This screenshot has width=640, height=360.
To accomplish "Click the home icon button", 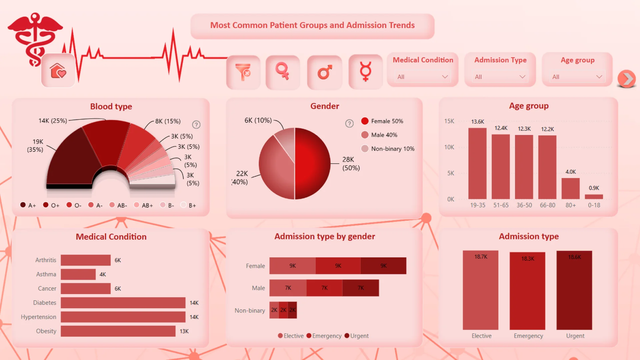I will [58, 71].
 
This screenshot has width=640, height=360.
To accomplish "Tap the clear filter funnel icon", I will [243, 72].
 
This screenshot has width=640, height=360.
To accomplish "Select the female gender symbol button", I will [283, 72].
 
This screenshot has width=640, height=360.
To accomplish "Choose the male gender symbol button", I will [325, 72].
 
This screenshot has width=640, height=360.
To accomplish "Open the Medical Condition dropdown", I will [422, 77].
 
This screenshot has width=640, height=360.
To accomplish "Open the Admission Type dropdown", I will [500, 77].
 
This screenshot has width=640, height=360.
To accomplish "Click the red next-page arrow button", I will [627, 79].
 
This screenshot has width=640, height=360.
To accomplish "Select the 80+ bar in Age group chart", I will [570, 188].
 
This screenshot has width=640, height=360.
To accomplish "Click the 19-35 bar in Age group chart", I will [477, 163].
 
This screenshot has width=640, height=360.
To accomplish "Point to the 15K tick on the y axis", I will [449, 121].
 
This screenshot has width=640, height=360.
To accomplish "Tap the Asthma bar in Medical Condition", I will [78, 274].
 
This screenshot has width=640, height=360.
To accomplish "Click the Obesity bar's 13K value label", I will [184, 331].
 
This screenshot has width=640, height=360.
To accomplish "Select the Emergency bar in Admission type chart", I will [527, 291].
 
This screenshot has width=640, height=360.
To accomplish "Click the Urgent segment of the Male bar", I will [361, 288].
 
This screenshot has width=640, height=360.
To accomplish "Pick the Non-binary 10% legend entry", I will [388, 149].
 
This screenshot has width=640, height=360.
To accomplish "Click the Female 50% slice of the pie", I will [312, 163].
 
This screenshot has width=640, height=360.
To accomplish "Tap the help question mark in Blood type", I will [196, 125].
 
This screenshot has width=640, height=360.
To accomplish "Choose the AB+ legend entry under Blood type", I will [144, 205].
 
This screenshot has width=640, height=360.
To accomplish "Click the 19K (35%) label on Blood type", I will [35, 146].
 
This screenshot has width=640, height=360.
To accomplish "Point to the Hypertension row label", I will [38, 317].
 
